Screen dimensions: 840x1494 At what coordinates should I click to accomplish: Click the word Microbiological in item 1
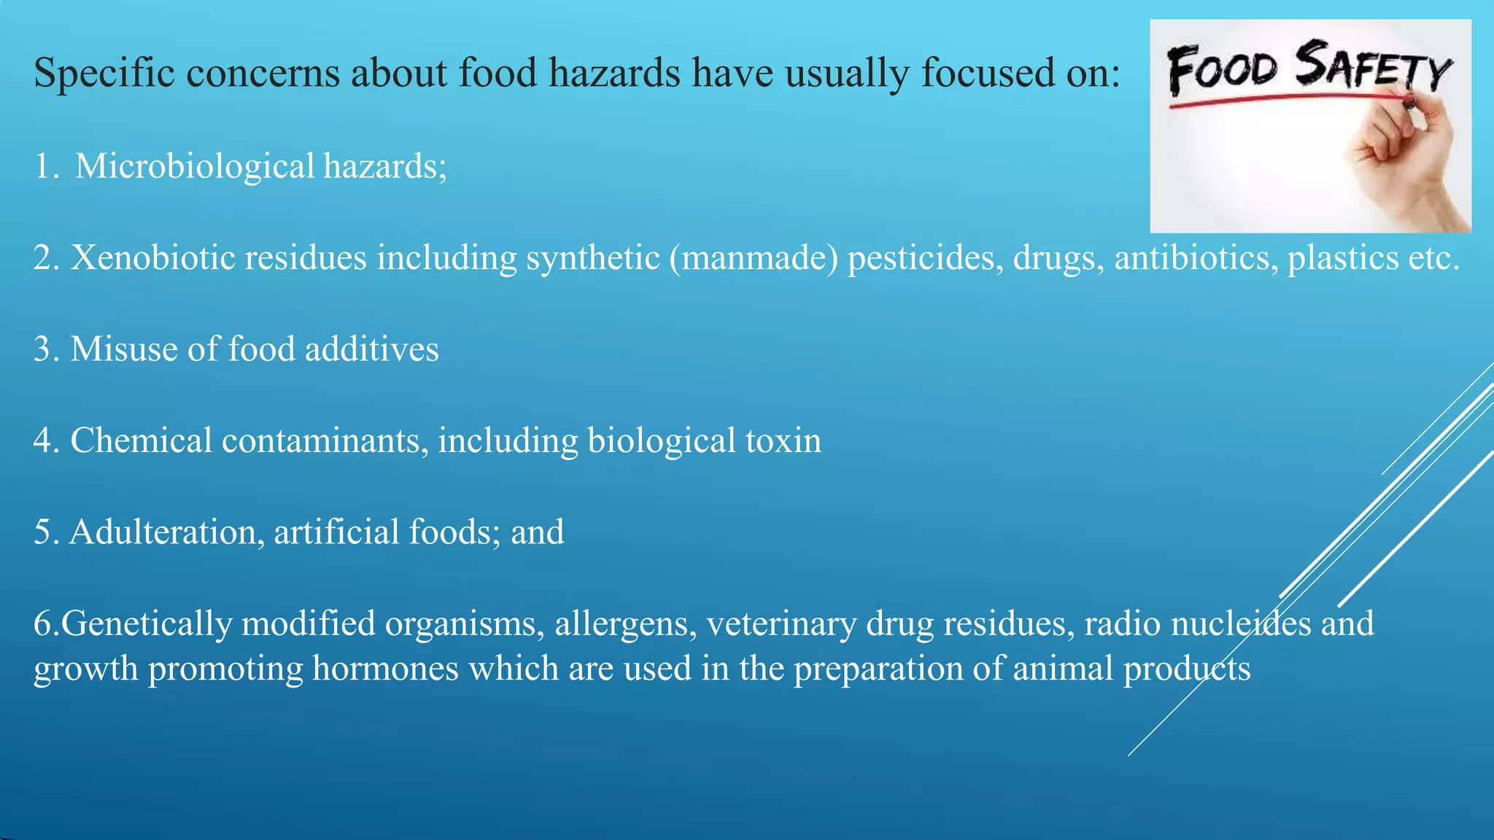coord(195,167)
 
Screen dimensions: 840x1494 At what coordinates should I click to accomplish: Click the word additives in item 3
coord(371,349)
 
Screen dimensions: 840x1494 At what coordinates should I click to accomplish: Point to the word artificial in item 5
coord(336,532)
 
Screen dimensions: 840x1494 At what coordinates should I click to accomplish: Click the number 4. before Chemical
coord(46,441)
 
